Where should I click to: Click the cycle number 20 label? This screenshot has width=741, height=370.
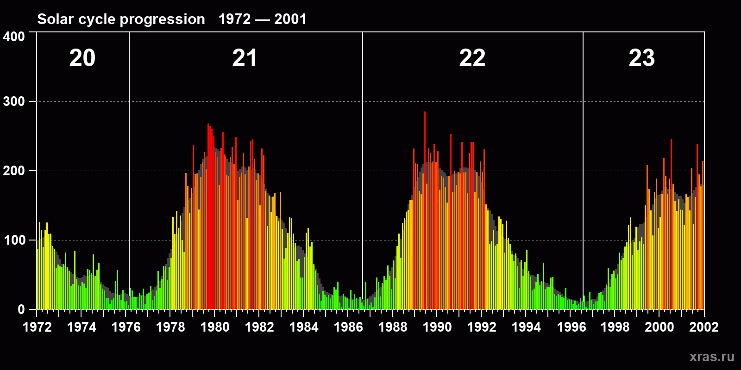coord(82,58)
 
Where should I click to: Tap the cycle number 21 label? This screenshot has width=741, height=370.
coord(245,58)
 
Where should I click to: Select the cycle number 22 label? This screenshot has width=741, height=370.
coord(472,58)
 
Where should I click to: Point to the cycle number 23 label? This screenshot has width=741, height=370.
coord(641,58)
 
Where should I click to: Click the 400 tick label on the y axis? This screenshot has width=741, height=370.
coord(14,37)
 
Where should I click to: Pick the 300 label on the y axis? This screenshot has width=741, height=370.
coord(14,101)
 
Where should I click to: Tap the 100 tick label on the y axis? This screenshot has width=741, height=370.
coord(14,240)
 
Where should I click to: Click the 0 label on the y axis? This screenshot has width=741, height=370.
coord(21,309)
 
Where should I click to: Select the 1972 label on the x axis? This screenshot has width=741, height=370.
coord(37,327)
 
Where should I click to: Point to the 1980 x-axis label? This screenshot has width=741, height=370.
coord(215,327)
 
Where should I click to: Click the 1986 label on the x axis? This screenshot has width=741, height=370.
coord(348,327)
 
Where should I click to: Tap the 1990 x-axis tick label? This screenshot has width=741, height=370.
coord(437,327)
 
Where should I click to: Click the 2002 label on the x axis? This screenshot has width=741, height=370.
coord(704,327)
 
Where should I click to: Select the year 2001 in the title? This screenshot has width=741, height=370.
coord(290,19)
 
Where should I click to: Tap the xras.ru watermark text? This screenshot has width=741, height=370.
coord(712,357)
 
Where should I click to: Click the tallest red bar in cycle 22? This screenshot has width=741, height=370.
coord(425,185)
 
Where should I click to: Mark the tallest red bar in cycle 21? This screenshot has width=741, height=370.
coord(208,194)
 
